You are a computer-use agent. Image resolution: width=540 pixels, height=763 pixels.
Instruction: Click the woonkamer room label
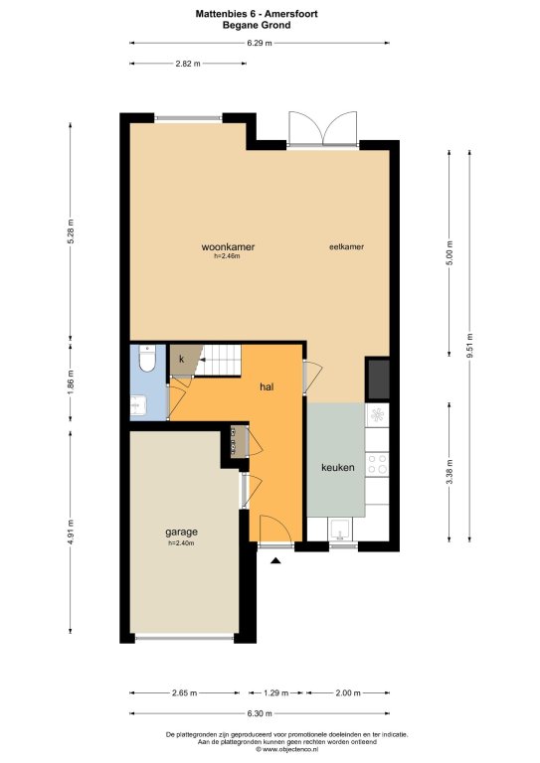coord(228,246)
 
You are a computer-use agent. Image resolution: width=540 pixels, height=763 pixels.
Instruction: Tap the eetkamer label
coord(347,246)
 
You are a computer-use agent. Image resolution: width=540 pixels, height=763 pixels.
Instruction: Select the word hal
coord(267,386)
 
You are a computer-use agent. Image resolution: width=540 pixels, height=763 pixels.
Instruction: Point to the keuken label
coord(337,468)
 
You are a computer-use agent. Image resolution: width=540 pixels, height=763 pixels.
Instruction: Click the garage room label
coord(181,532)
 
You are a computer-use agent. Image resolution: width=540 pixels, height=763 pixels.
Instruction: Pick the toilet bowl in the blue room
coord(146,359)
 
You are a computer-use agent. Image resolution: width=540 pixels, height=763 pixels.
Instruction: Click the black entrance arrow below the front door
coord(276,560)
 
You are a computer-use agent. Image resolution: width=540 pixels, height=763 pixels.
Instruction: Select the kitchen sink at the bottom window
coord(341,530)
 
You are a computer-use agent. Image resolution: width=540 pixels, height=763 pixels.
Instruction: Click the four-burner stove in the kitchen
coord(377,464)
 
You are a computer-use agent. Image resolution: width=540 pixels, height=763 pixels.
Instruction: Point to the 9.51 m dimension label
coord(469,346)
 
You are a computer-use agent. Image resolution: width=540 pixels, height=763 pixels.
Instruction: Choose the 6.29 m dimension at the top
coord(259,43)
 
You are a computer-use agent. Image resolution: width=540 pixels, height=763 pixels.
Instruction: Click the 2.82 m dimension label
coord(188,64)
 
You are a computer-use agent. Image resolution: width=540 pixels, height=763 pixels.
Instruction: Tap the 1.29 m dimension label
coord(276,692)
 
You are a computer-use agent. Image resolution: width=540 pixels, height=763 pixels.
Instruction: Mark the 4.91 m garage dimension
coord(71,534)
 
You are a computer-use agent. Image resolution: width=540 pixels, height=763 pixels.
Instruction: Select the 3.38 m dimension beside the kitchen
coord(450,472)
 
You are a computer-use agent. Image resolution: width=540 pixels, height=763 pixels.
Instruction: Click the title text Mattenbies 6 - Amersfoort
coord(257,14)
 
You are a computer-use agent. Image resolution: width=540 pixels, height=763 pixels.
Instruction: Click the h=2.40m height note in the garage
coord(181,543)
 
